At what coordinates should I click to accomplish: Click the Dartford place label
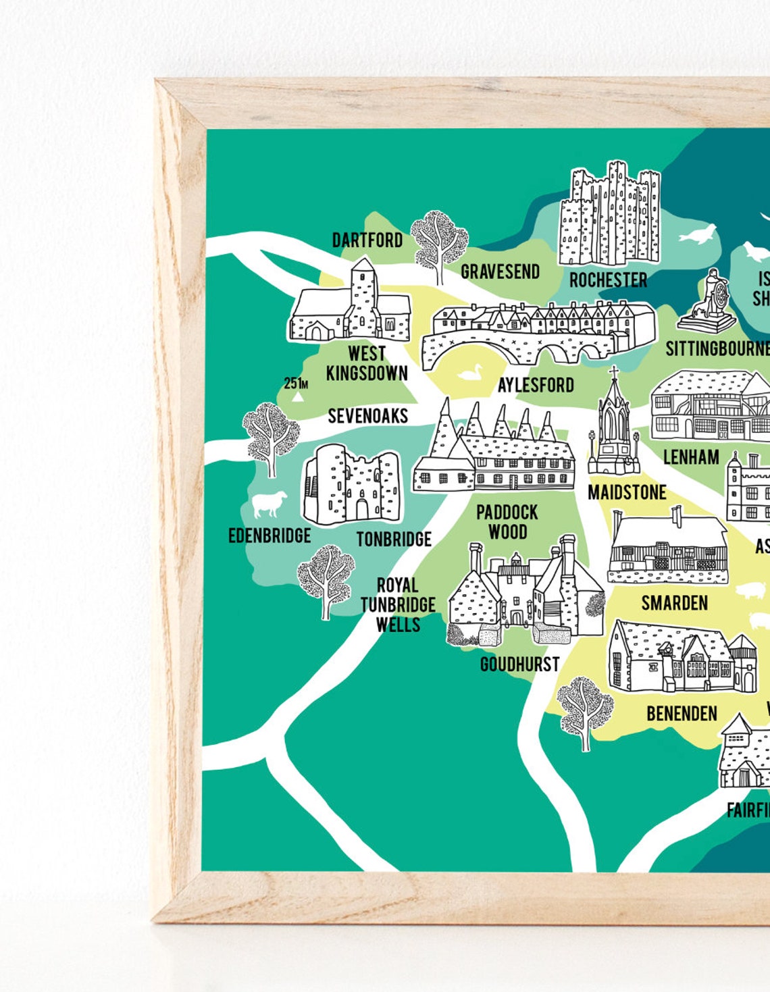367,240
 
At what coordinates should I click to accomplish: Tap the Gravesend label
500,271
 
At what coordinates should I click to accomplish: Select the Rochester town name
608,280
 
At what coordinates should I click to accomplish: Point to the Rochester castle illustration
609,214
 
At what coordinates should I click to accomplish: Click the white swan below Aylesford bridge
469,372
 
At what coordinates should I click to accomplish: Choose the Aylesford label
536,386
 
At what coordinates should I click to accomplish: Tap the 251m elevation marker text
296,384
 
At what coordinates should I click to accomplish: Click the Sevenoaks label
367,416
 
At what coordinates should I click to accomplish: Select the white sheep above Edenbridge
268,504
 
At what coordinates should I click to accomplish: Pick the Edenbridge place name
269,536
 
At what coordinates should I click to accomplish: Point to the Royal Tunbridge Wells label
398,604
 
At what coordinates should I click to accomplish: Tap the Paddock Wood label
507,522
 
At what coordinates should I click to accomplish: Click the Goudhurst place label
519,664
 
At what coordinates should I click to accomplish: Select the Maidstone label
627,493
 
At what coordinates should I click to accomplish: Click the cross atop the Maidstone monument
614,372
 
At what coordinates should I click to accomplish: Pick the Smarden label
674,603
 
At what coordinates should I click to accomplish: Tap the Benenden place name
682,714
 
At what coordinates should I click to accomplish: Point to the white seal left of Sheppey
696,236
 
